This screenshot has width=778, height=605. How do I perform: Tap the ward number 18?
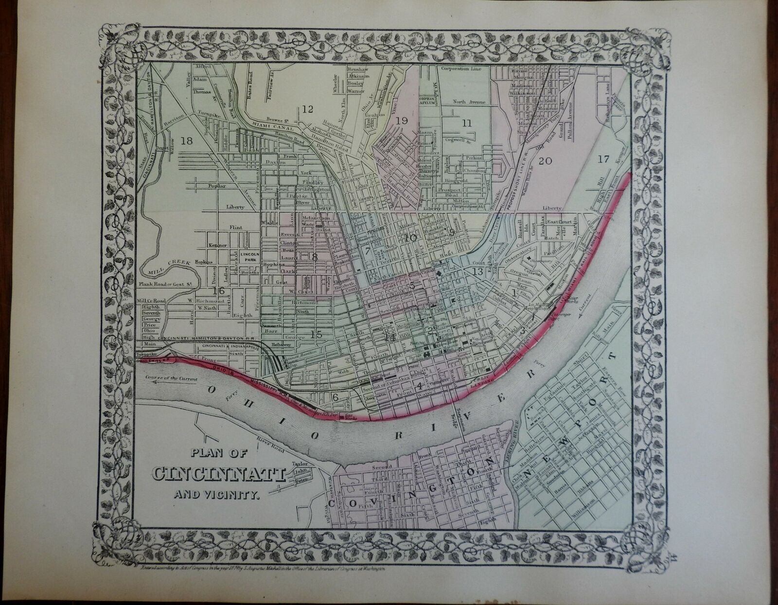pyautogui.click(x=186, y=141)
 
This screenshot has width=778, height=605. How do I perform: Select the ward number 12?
pyautogui.click(x=307, y=109)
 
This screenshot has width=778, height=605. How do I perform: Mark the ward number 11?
pyautogui.click(x=467, y=124)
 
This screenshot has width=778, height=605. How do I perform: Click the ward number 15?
pyautogui.click(x=316, y=334)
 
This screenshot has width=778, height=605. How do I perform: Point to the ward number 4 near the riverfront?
pyautogui.click(x=420, y=386)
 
